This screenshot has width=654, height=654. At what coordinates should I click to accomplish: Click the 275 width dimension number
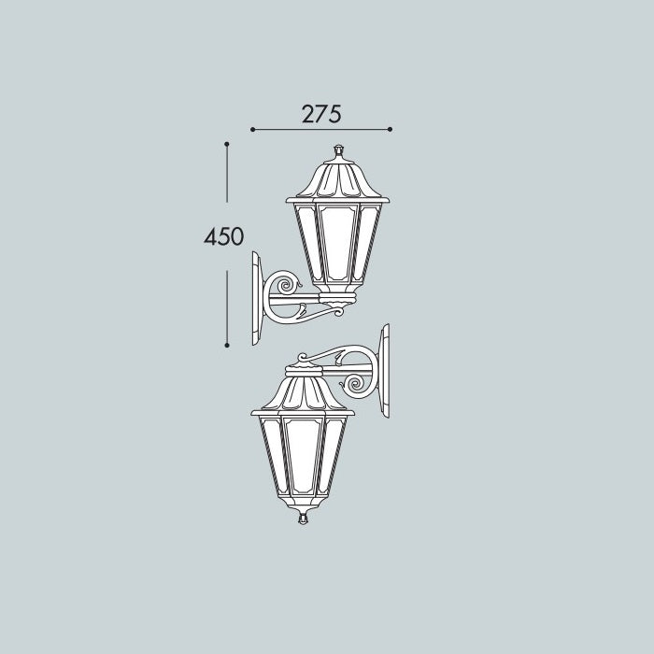click(x=321, y=114)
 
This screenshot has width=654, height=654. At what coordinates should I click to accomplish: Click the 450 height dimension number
click(x=223, y=236)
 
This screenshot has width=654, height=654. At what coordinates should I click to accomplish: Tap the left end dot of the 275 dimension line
click(x=253, y=129)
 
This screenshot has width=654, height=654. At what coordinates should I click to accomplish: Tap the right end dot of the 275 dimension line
click(x=390, y=129)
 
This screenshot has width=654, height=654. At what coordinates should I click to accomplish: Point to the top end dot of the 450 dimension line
click(x=227, y=144)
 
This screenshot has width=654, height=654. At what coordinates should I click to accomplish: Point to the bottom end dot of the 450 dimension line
click(x=227, y=346)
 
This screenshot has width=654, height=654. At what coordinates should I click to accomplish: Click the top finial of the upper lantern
click(x=338, y=151)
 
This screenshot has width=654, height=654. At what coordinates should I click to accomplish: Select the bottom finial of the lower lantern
click(x=304, y=517)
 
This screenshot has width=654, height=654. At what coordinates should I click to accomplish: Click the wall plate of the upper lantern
click(x=257, y=298)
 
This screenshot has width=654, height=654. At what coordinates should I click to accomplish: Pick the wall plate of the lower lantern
click(x=384, y=371)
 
